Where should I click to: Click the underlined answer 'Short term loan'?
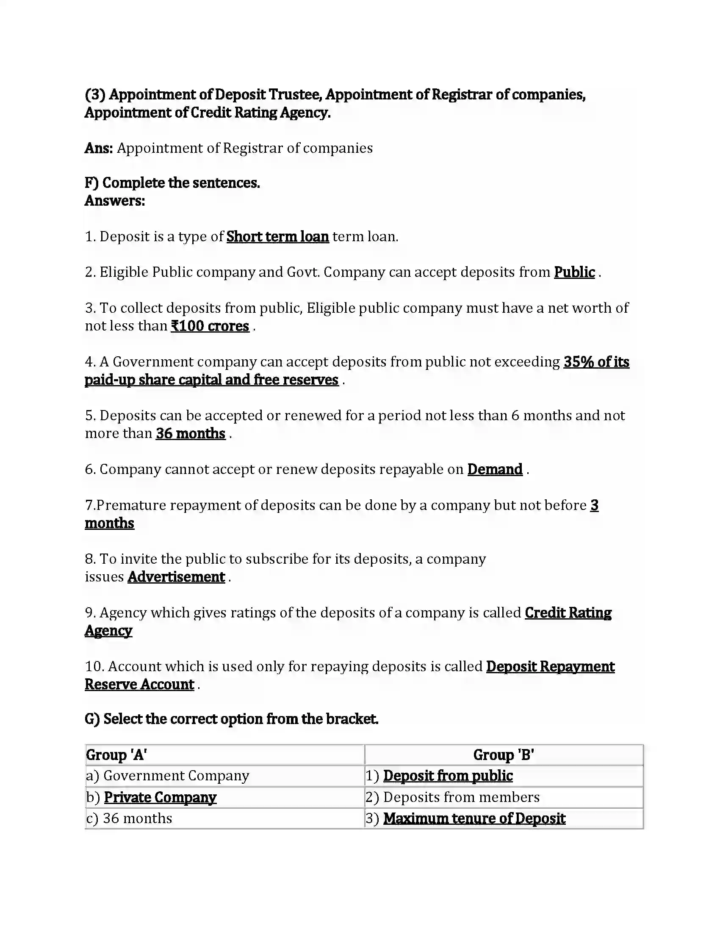(x=277, y=237)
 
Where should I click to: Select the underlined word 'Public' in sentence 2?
(x=574, y=272)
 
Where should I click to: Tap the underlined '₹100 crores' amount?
(x=210, y=326)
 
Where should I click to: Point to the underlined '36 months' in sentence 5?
(x=190, y=433)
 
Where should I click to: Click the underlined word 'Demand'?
(x=495, y=469)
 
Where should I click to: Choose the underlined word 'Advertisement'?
(x=176, y=577)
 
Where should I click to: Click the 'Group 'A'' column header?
(x=116, y=755)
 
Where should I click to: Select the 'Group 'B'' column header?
(x=503, y=755)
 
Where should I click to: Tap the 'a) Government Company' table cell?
(x=168, y=776)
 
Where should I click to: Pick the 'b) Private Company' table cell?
(x=152, y=797)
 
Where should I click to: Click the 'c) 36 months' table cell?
(x=129, y=818)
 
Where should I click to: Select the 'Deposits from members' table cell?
(x=461, y=797)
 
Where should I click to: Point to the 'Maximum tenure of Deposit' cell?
(x=474, y=818)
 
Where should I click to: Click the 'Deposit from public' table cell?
(x=447, y=776)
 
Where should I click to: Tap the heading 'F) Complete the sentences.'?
(x=172, y=183)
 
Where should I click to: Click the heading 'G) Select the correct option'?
(x=231, y=719)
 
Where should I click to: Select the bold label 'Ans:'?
(x=99, y=149)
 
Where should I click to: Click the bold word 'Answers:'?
(x=115, y=201)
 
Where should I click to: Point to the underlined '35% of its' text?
(x=596, y=362)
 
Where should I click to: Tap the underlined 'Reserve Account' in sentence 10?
(x=139, y=684)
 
